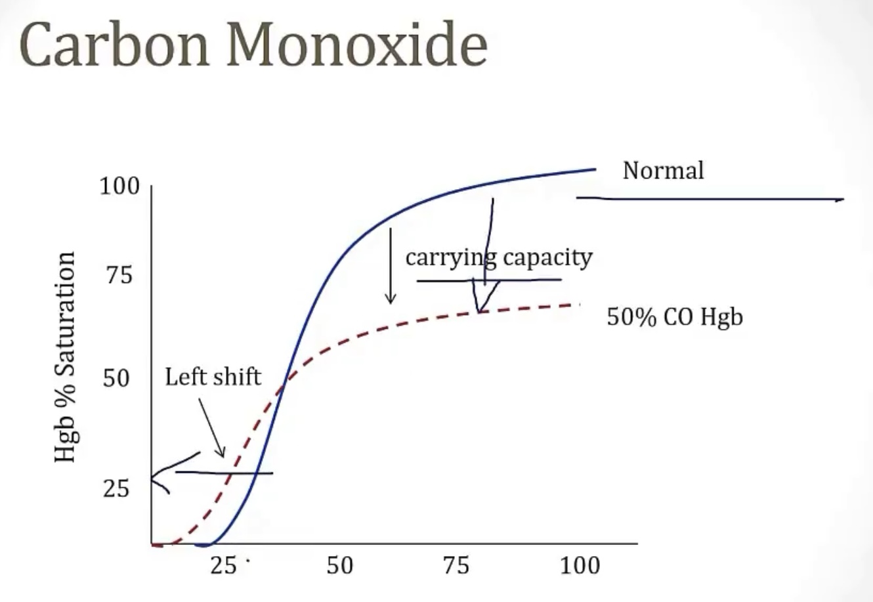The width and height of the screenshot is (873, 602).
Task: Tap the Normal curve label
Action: pyautogui.click(x=662, y=171)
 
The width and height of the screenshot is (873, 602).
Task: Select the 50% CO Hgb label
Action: pyautogui.click(x=674, y=318)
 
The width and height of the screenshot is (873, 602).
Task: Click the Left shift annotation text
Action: pyautogui.click(x=213, y=377)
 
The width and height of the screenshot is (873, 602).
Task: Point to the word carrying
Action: pyautogui.click(x=450, y=257)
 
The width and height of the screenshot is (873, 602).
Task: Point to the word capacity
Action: pyautogui.click(x=549, y=257)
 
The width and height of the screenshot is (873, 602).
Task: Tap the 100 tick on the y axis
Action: pyautogui.click(x=119, y=186)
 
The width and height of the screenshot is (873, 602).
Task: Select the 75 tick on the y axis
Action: pyautogui.click(x=118, y=275)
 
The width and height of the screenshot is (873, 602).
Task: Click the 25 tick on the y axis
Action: pyautogui.click(x=116, y=489)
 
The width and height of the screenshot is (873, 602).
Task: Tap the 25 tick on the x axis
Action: pyautogui.click(x=224, y=565)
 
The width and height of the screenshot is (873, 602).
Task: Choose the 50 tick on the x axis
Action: pyautogui.click(x=339, y=565)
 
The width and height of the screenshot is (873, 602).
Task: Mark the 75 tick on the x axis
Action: pyautogui.click(x=456, y=565)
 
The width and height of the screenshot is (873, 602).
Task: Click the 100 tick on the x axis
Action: pyautogui.click(x=580, y=565)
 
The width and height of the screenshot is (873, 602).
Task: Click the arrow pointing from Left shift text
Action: pyautogui.click(x=212, y=427)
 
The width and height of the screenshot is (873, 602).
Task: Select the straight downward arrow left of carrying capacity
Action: pyautogui.click(x=391, y=266)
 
